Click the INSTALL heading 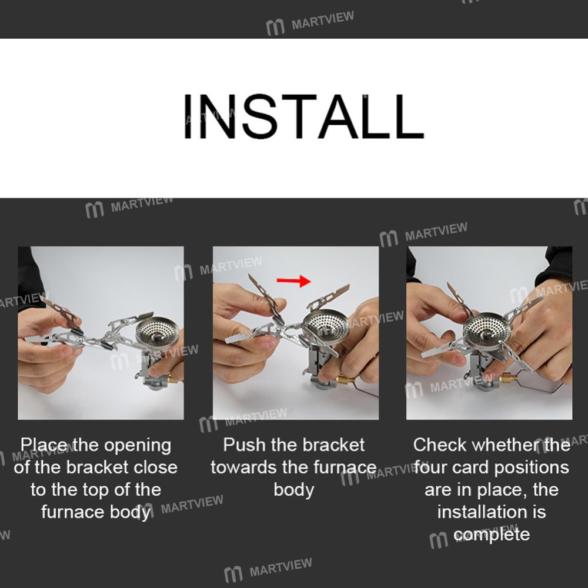click(x=303, y=116)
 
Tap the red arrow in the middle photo click(x=293, y=280)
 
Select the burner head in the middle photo click(x=326, y=324)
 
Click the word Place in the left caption click(x=45, y=445)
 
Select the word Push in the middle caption click(x=244, y=445)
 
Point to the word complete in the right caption click(x=491, y=535)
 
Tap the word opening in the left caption click(x=138, y=446)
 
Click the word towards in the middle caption click(x=244, y=467)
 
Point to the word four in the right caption click(x=430, y=467)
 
